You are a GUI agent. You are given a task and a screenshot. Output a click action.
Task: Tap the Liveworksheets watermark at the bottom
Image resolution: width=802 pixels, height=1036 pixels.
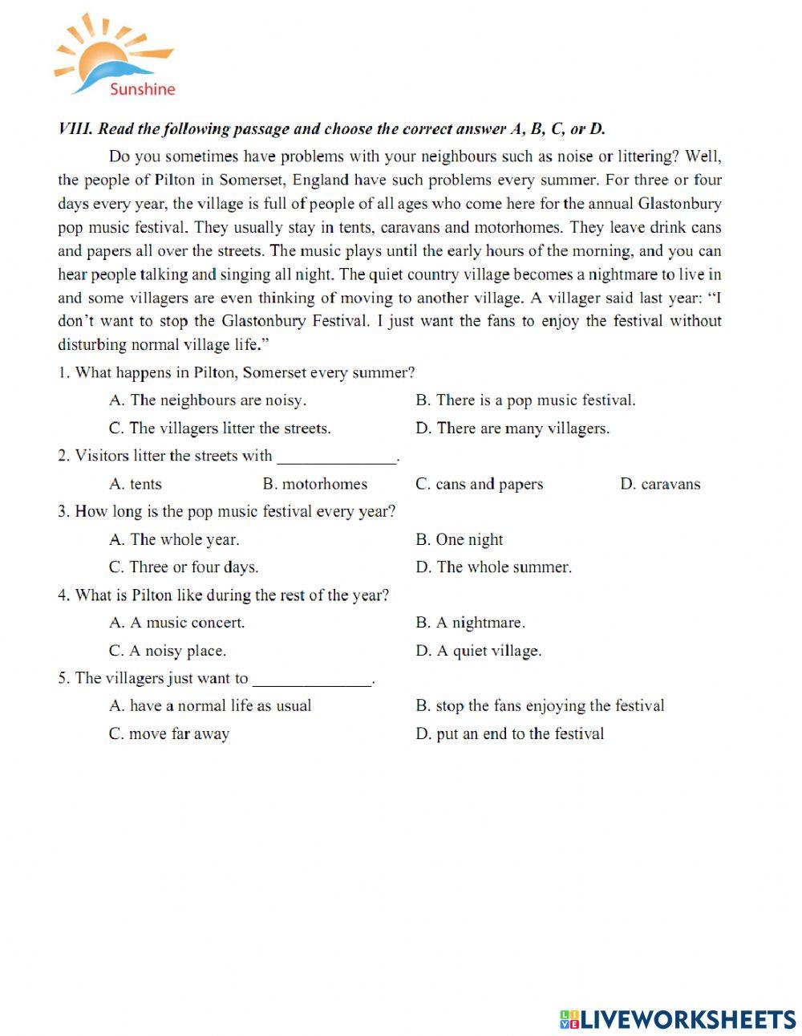[x=678, y=1018]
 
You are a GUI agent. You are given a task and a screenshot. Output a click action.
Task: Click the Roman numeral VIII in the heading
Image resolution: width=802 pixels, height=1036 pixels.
[x=75, y=129]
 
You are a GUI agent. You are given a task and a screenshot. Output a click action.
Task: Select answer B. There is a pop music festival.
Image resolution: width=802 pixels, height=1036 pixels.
[x=525, y=400]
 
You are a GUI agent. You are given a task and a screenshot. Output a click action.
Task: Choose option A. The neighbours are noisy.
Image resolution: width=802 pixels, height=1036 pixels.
[x=208, y=400]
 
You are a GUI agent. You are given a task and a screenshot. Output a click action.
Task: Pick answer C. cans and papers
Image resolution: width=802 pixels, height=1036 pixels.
[x=479, y=484]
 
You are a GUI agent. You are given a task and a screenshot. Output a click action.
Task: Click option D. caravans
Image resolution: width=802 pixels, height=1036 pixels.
[x=660, y=484]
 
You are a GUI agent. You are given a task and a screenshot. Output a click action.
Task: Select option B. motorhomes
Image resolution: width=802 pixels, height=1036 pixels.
[x=314, y=484]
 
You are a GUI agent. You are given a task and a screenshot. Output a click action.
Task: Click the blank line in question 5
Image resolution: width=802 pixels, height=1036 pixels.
[x=313, y=683]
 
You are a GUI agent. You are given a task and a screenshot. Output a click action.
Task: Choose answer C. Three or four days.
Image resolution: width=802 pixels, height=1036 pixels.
[x=184, y=567]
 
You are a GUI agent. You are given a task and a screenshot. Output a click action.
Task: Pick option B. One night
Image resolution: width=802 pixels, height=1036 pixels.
[x=460, y=540]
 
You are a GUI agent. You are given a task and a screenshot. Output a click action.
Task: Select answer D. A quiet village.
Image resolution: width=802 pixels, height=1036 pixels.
[x=479, y=651]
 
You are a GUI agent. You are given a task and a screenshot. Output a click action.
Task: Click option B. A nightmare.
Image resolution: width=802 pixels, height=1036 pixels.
[x=470, y=623]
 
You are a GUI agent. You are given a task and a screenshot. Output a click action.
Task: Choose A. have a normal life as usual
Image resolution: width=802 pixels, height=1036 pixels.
[x=210, y=706]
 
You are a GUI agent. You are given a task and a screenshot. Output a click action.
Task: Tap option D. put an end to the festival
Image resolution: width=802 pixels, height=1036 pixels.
[x=509, y=733]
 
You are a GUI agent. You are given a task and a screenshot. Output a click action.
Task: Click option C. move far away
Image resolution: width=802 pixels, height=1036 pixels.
[x=169, y=733]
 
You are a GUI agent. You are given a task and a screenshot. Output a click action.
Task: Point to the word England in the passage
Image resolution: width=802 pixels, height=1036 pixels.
[x=321, y=181]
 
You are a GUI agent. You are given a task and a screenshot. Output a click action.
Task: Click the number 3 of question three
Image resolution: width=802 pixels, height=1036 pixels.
[x=62, y=512]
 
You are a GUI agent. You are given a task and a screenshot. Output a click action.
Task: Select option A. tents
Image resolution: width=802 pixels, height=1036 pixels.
[x=136, y=484]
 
